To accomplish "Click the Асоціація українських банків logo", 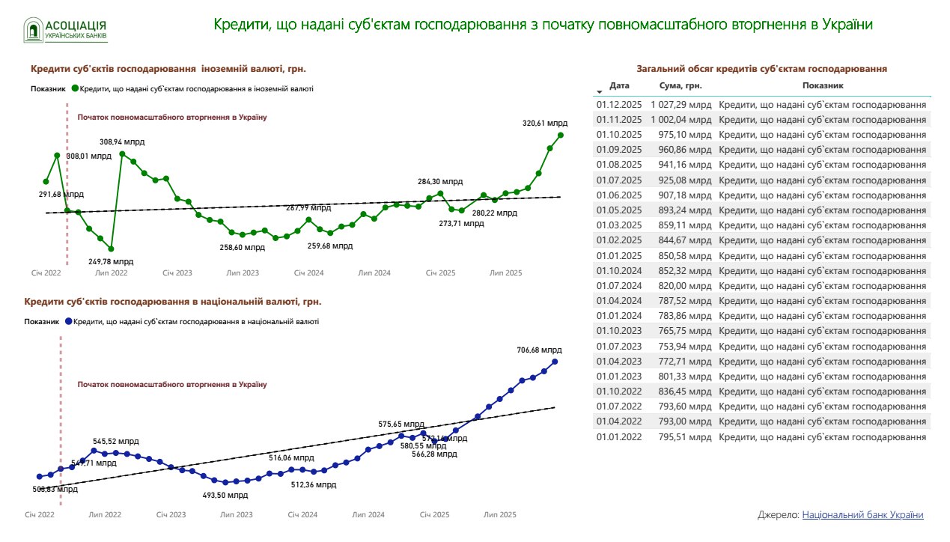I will point(66,29).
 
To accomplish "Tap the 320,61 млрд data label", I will point(545,124).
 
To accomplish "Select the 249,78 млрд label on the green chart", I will point(111,261).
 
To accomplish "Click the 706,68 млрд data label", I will point(539,350).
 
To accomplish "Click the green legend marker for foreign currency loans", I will point(75,88).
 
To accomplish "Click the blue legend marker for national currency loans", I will point(68,322).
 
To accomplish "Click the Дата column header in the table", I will point(620,86).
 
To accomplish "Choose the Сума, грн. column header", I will point(680,86).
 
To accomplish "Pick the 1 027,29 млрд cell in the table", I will point(680,105).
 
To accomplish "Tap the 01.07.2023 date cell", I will point(619,346).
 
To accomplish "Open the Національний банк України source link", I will point(862,515).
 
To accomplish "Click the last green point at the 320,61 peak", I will point(561,135).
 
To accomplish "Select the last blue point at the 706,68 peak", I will point(555,362).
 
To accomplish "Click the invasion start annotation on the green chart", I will point(172,118).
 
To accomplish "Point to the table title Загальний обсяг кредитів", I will point(761,69).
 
